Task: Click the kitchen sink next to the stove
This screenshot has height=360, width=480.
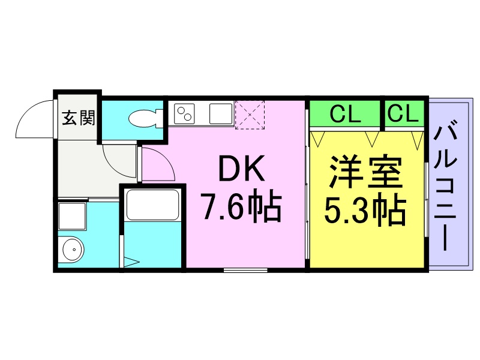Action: (x=220, y=113)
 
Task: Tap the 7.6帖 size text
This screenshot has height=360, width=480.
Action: (x=241, y=208)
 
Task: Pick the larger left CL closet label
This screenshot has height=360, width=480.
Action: (x=345, y=113)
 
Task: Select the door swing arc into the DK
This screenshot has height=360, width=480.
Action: (x=158, y=163)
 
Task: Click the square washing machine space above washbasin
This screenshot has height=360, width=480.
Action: (x=71, y=215)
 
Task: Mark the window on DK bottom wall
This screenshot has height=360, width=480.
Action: (x=245, y=271)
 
